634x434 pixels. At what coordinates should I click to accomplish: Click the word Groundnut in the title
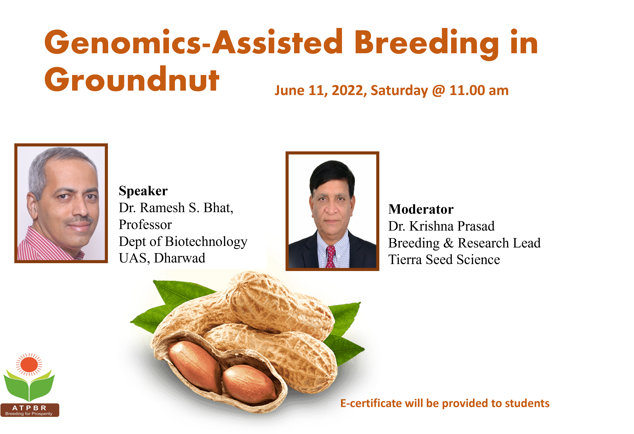click(132, 79)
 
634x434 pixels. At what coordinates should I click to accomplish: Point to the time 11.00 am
click(479, 90)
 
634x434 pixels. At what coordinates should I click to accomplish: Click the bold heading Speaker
click(143, 191)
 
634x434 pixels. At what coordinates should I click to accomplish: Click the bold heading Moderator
click(421, 209)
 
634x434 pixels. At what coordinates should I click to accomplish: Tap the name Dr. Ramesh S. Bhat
click(176, 208)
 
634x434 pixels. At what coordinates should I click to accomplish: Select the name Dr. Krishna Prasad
click(441, 226)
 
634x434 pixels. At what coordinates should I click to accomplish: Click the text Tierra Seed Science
click(444, 260)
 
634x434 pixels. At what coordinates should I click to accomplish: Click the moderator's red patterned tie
click(331, 257)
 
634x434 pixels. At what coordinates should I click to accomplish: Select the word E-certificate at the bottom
click(371, 403)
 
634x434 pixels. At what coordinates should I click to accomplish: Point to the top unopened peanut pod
click(281, 303)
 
